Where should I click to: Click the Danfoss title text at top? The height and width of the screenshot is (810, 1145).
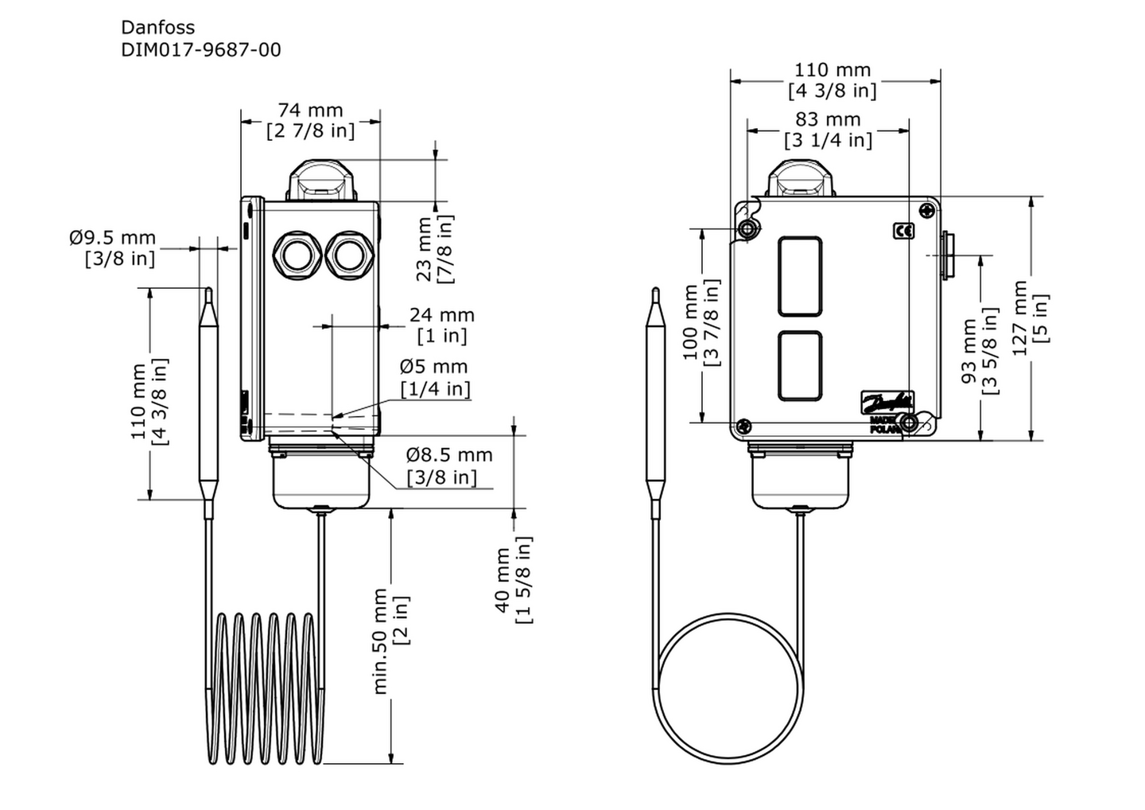click(157, 27)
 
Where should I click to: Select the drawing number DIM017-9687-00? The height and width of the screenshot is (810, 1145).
click(201, 50)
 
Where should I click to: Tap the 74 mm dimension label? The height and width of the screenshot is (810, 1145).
click(310, 110)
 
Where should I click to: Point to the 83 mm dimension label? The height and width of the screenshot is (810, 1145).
click(828, 119)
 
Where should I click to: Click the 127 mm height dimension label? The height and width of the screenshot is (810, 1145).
click(1019, 317)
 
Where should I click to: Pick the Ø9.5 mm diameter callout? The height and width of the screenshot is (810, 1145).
click(112, 237)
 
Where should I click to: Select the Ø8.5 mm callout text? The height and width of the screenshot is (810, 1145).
click(449, 454)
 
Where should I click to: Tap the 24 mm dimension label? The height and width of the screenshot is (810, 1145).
click(442, 315)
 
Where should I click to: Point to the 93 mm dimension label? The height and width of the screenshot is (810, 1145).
click(969, 351)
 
